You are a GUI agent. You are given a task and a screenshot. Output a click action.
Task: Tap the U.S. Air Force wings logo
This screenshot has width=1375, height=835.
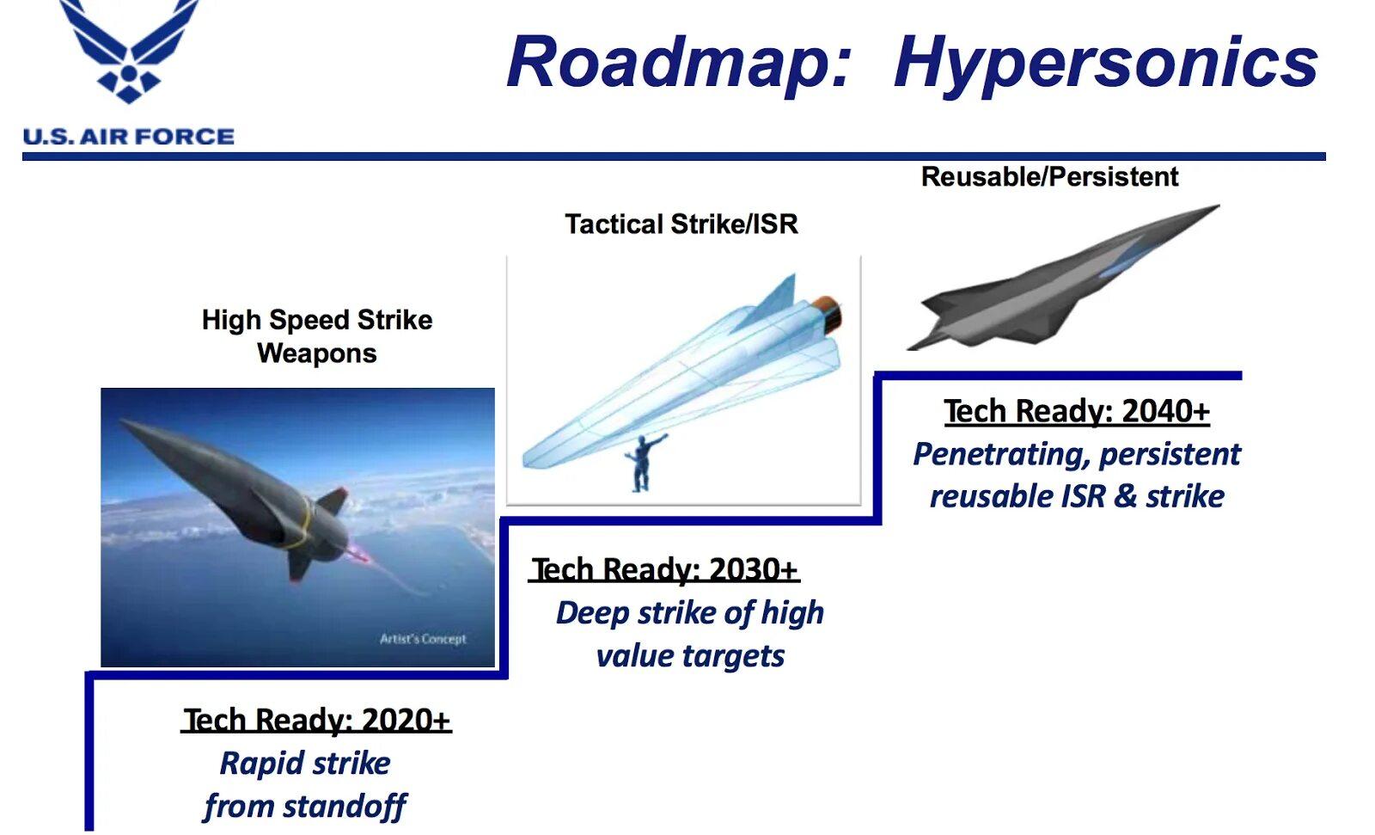(x=129, y=49)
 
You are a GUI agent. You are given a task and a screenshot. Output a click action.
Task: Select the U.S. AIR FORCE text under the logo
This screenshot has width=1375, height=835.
(x=128, y=137)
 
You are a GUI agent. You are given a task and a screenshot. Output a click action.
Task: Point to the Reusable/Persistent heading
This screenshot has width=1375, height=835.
(x=1049, y=177)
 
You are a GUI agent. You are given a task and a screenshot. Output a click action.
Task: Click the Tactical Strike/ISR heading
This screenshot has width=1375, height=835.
(x=681, y=224)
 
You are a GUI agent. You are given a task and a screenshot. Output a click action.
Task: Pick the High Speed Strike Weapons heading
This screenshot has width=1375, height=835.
(x=317, y=337)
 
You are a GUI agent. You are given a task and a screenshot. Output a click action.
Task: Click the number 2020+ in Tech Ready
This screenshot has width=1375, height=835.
(x=406, y=720)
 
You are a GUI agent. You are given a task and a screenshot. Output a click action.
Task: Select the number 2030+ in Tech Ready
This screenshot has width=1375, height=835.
(x=753, y=569)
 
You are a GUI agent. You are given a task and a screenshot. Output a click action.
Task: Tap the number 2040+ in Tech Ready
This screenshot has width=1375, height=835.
(x=1165, y=411)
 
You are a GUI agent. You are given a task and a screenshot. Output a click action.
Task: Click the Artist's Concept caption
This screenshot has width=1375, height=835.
(x=423, y=639)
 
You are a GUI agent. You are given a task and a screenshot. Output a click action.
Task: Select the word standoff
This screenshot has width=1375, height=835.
(x=345, y=806)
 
